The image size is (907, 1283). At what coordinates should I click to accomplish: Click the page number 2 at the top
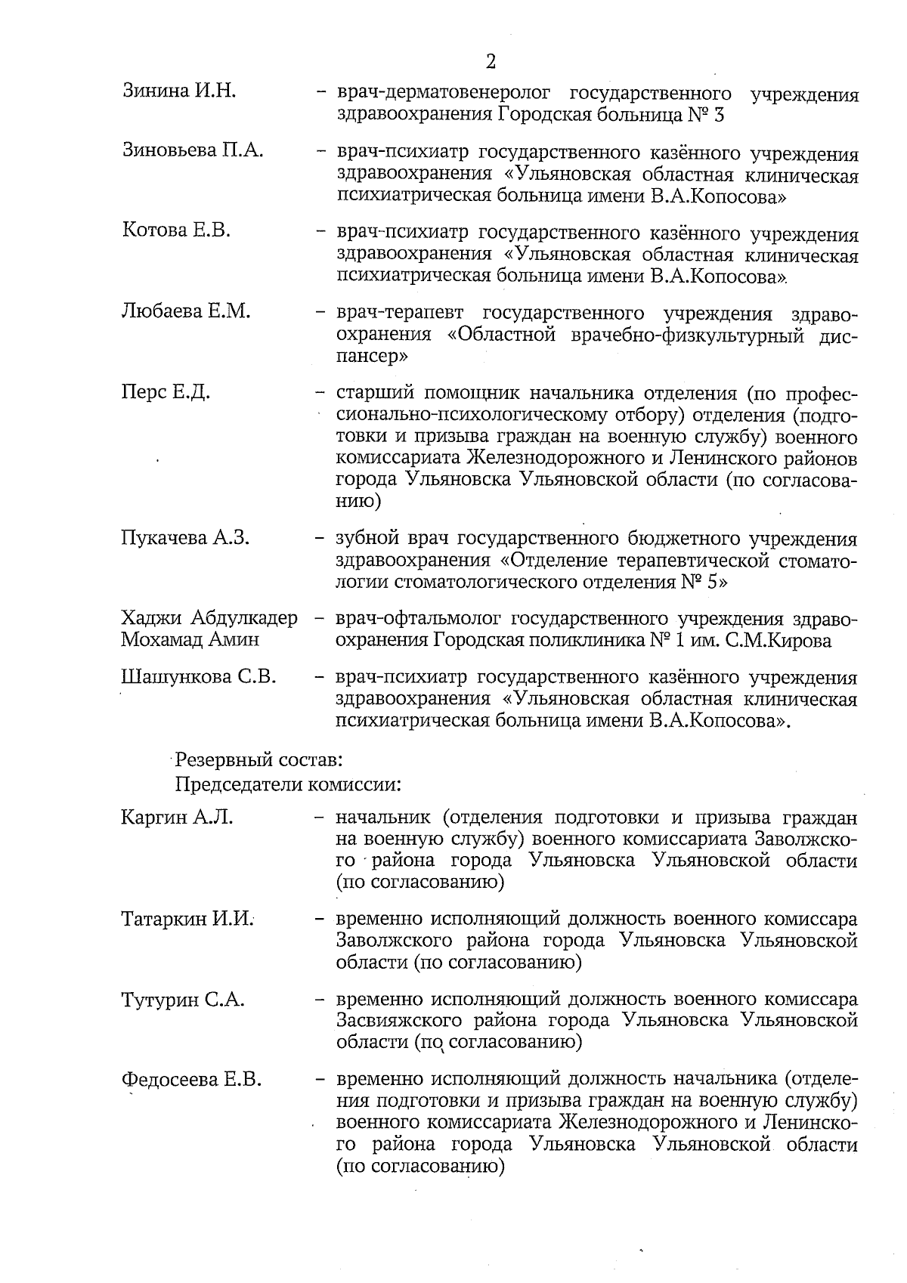coord(491,60)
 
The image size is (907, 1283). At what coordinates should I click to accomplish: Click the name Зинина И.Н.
coord(178,92)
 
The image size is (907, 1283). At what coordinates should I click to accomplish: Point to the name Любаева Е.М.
coord(185,311)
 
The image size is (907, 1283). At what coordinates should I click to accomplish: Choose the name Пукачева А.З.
coord(185,538)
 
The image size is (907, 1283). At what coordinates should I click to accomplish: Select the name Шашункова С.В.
coord(198,677)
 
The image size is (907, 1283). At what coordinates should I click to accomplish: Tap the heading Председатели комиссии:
coord(287,784)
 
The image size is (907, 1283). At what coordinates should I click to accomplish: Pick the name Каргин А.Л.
coord(176,818)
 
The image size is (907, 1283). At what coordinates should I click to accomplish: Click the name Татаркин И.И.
coord(187,919)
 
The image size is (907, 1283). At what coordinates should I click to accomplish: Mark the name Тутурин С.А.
coord(182,1000)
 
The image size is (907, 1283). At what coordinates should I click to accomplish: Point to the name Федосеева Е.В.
coord(191,1080)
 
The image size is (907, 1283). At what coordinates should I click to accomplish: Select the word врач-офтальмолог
coord(418,620)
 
